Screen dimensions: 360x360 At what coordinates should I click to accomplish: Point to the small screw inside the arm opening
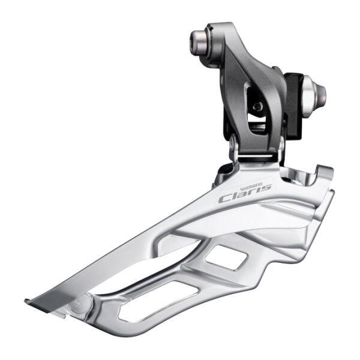coord(257,107)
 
